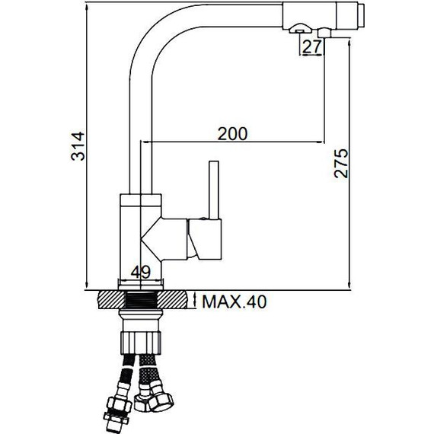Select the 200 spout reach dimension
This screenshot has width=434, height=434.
tap(231, 133)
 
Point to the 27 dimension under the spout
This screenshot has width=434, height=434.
tap(311, 46)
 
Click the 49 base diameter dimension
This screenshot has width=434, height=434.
tap(140, 273)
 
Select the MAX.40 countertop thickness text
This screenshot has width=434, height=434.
tap(234, 302)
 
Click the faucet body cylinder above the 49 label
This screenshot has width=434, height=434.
tap(140, 228)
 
